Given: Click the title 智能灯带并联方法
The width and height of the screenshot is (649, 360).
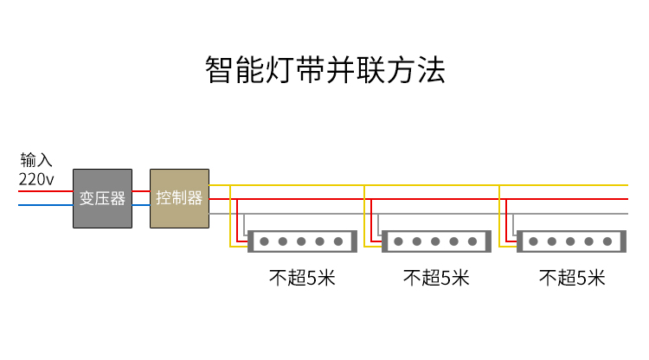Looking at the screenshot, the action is pyautogui.click(x=325, y=69).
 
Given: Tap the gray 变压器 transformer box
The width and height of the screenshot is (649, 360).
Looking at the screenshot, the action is pyautogui.click(x=103, y=199).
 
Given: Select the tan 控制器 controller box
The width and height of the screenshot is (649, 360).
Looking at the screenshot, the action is pyautogui.click(x=180, y=199).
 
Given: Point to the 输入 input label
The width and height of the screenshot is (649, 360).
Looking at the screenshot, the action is pyautogui.click(x=36, y=160).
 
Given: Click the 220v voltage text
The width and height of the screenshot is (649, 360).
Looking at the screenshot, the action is pyautogui.click(x=36, y=179).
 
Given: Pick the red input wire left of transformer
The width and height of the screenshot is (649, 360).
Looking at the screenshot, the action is pyautogui.click(x=46, y=191).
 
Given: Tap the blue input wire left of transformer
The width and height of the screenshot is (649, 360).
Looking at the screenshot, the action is pyautogui.click(x=46, y=205).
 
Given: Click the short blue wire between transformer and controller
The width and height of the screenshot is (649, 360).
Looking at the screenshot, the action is pyautogui.click(x=141, y=205).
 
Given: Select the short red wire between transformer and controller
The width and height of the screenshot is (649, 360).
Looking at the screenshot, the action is pyautogui.click(x=141, y=191).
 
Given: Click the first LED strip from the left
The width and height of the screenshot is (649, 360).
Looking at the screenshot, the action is pyautogui.click(x=302, y=241).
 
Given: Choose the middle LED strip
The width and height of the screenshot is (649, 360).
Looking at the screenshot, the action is pyautogui.click(x=436, y=241).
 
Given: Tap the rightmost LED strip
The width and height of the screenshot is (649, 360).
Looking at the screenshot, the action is pyautogui.click(x=571, y=241).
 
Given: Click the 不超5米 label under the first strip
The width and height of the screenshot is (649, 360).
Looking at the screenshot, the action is pyautogui.click(x=302, y=277).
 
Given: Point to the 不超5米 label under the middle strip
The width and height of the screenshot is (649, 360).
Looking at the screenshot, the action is pyautogui.click(x=436, y=277).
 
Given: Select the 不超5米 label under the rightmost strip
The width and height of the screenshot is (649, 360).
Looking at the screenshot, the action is pyautogui.click(x=572, y=277).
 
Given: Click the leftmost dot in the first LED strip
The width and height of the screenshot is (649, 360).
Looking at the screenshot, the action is pyautogui.click(x=265, y=241).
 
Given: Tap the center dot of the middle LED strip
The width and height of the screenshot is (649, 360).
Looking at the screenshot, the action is pyautogui.click(x=435, y=241).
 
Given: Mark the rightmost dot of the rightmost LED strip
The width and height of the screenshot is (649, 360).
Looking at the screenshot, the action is pyautogui.click(x=607, y=241).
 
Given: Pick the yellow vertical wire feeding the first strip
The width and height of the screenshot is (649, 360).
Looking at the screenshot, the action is pyautogui.click(x=230, y=216).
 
